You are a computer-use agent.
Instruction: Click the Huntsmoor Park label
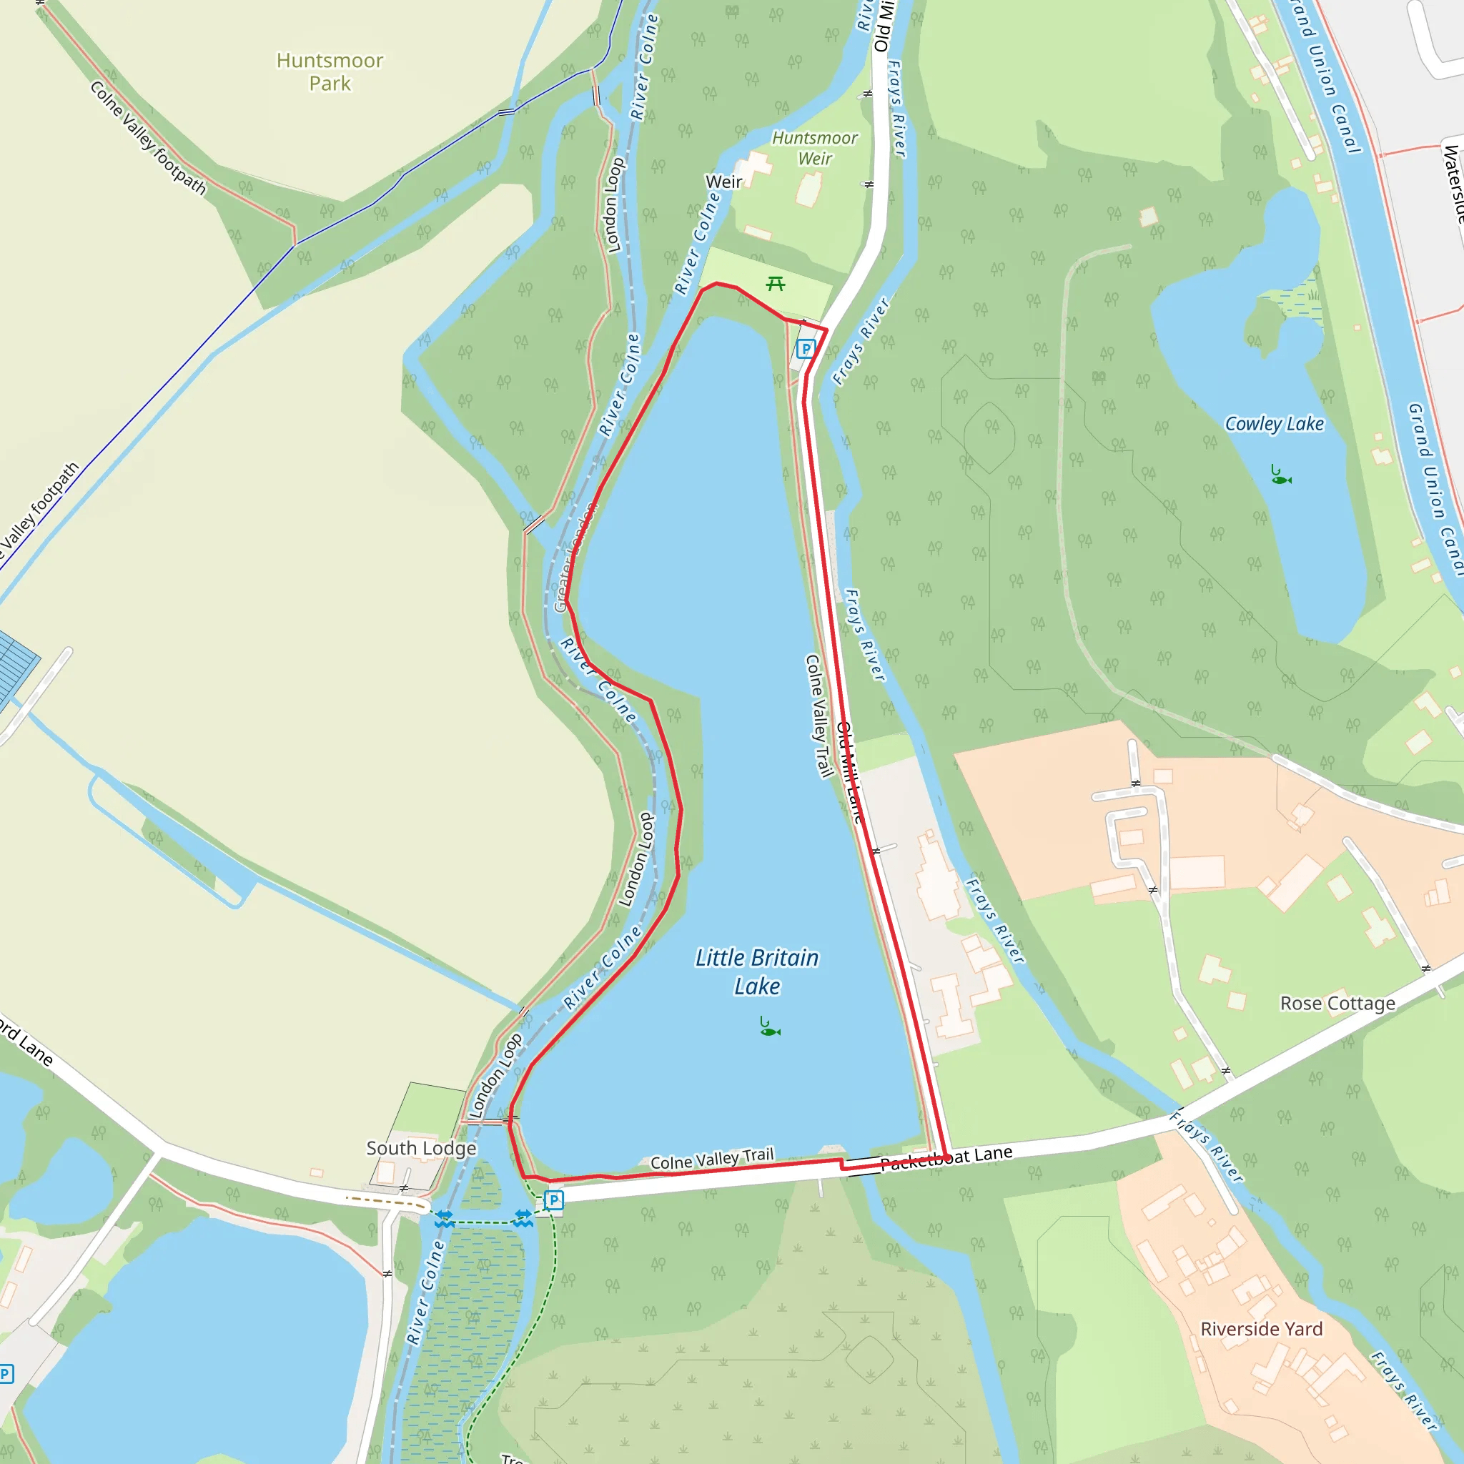click(x=330, y=71)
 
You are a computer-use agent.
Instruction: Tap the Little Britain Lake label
click(x=757, y=971)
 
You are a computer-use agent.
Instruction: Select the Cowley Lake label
click(x=1275, y=424)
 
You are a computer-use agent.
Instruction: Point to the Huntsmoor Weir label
click(x=815, y=148)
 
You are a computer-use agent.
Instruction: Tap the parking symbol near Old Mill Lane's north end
click(x=806, y=350)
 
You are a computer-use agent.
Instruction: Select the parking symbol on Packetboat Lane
click(x=554, y=1200)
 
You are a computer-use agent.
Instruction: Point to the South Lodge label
click(x=421, y=1148)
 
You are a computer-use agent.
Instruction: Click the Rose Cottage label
click(x=1337, y=1003)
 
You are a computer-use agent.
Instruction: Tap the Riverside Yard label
click(x=1262, y=1329)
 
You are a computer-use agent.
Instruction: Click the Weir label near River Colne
click(x=723, y=182)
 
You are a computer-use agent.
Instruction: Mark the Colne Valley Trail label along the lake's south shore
click(x=712, y=1159)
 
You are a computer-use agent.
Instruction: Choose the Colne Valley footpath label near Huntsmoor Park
click(x=148, y=138)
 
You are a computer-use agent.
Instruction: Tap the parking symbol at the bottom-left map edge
click(x=5, y=1373)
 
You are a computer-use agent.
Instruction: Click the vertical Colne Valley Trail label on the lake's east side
click(x=818, y=716)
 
